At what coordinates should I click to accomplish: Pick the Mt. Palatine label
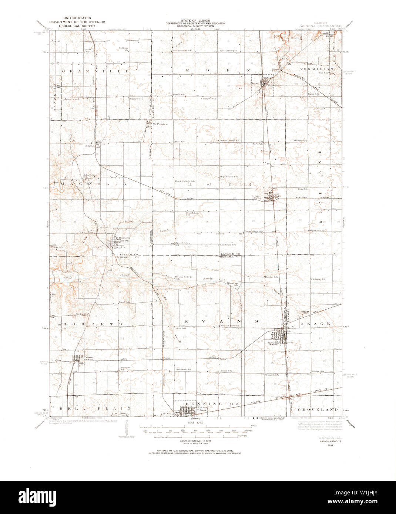(x=160, y=124)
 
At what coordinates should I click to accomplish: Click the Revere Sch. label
(x=318, y=371)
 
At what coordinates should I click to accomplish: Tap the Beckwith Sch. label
(x=184, y=369)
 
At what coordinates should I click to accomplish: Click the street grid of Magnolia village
(x=112, y=242)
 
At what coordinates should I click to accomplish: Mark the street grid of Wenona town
(x=280, y=336)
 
